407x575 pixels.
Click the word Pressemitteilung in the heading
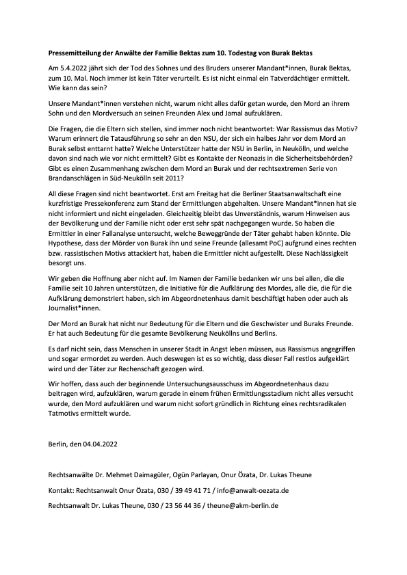click(x=77, y=53)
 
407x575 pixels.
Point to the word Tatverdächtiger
click(x=296, y=79)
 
